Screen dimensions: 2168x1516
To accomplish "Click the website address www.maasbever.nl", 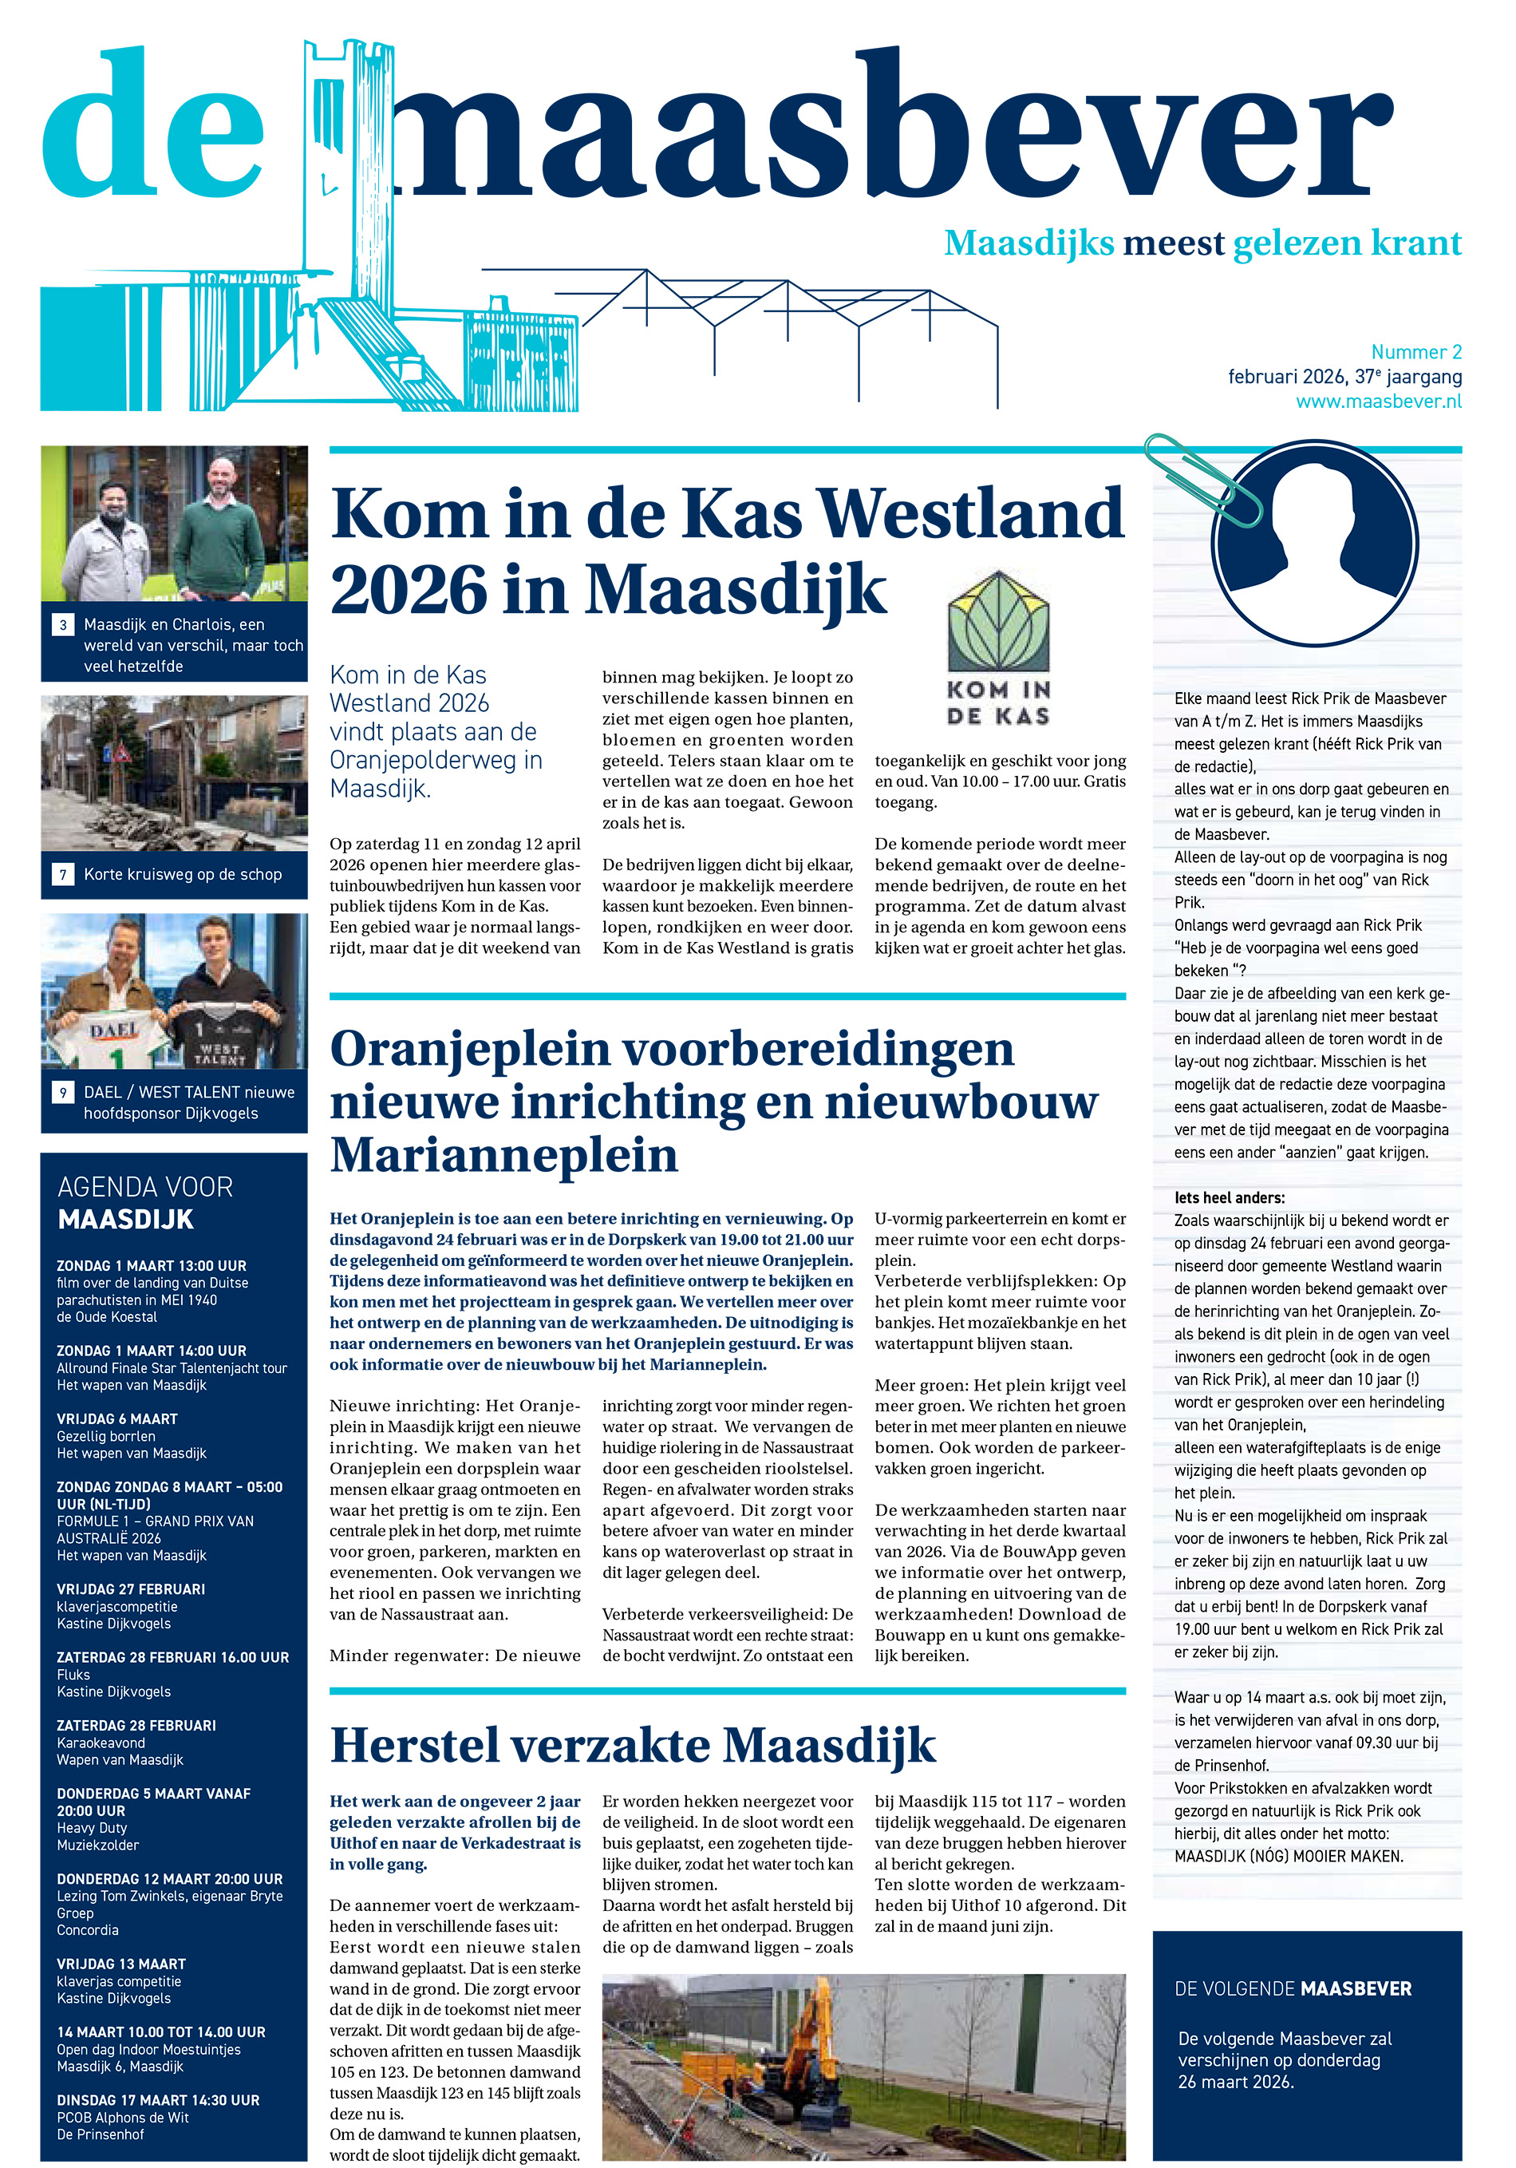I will click(x=1378, y=402).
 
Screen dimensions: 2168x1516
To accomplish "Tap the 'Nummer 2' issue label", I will click(x=1416, y=352).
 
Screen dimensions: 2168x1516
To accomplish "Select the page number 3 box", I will click(x=63, y=625).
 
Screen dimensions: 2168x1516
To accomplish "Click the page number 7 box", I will click(x=63, y=874).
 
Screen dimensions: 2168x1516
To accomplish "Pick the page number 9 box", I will click(x=63, y=1093).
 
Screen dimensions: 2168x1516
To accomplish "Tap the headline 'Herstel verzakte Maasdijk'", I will click(x=633, y=1745).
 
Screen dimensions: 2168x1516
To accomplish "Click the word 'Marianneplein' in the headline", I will click(x=503, y=1155).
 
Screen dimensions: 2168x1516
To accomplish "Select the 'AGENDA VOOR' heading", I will click(x=145, y=1187).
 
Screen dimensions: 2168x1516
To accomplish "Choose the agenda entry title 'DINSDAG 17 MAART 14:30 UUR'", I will click(x=158, y=2100).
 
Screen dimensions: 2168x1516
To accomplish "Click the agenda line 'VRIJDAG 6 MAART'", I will click(x=117, y=1418).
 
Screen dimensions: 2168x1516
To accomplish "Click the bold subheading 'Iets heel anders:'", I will click(x=1229, y=1197).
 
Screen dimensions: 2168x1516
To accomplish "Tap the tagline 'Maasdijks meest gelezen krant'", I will click(x=1202, y=243).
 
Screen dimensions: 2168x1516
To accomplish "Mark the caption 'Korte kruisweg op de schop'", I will click(x=182, y=874).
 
